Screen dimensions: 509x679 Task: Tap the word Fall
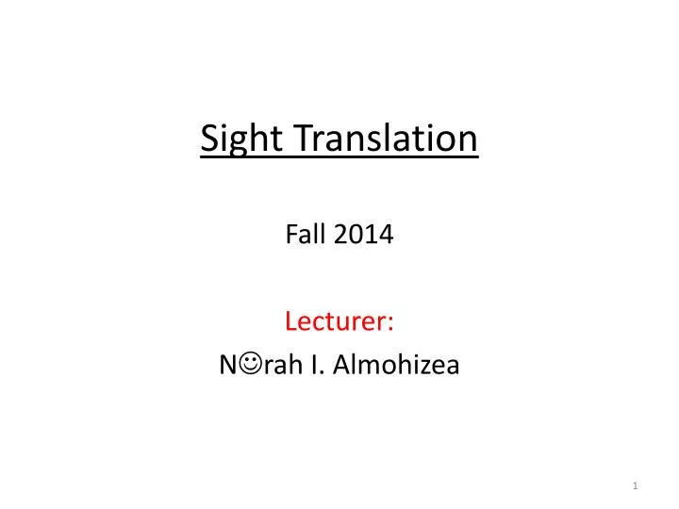tap(301, 236)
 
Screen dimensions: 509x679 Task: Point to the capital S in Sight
tap(209, 140)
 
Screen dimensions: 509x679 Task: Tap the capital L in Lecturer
tap(290, 322)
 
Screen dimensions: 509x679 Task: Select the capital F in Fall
tap(290, 236)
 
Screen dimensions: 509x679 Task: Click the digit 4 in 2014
tap(387, 236)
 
